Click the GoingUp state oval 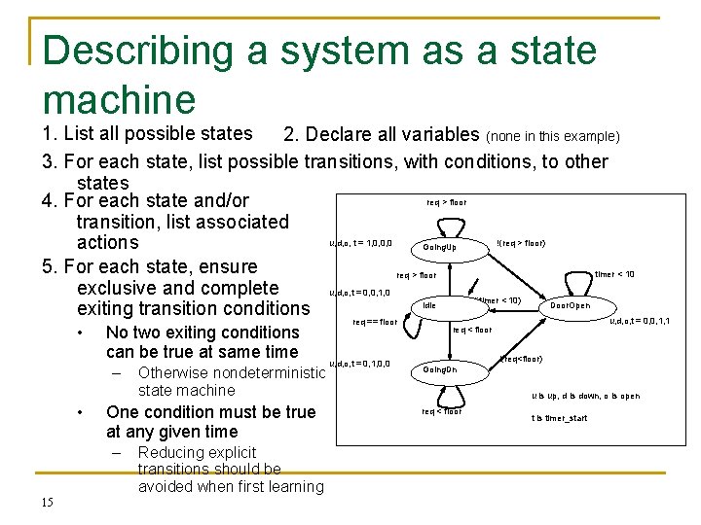pyautogui.click(x=439, y=247)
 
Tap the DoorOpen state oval pyautogui.click(x=570, y=306)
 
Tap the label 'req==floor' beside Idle pyautogui.click(x=375, y=322)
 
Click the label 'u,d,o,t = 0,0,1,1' pyautogui.click(x=639, y=321)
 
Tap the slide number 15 pyautogui.click(x=47, y=502)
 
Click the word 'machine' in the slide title pyautogui.click(x=119, y=97)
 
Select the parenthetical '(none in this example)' pyautogui.click(x=553, y=135)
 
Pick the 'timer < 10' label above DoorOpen pyautogui.click(x=613, y=274)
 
